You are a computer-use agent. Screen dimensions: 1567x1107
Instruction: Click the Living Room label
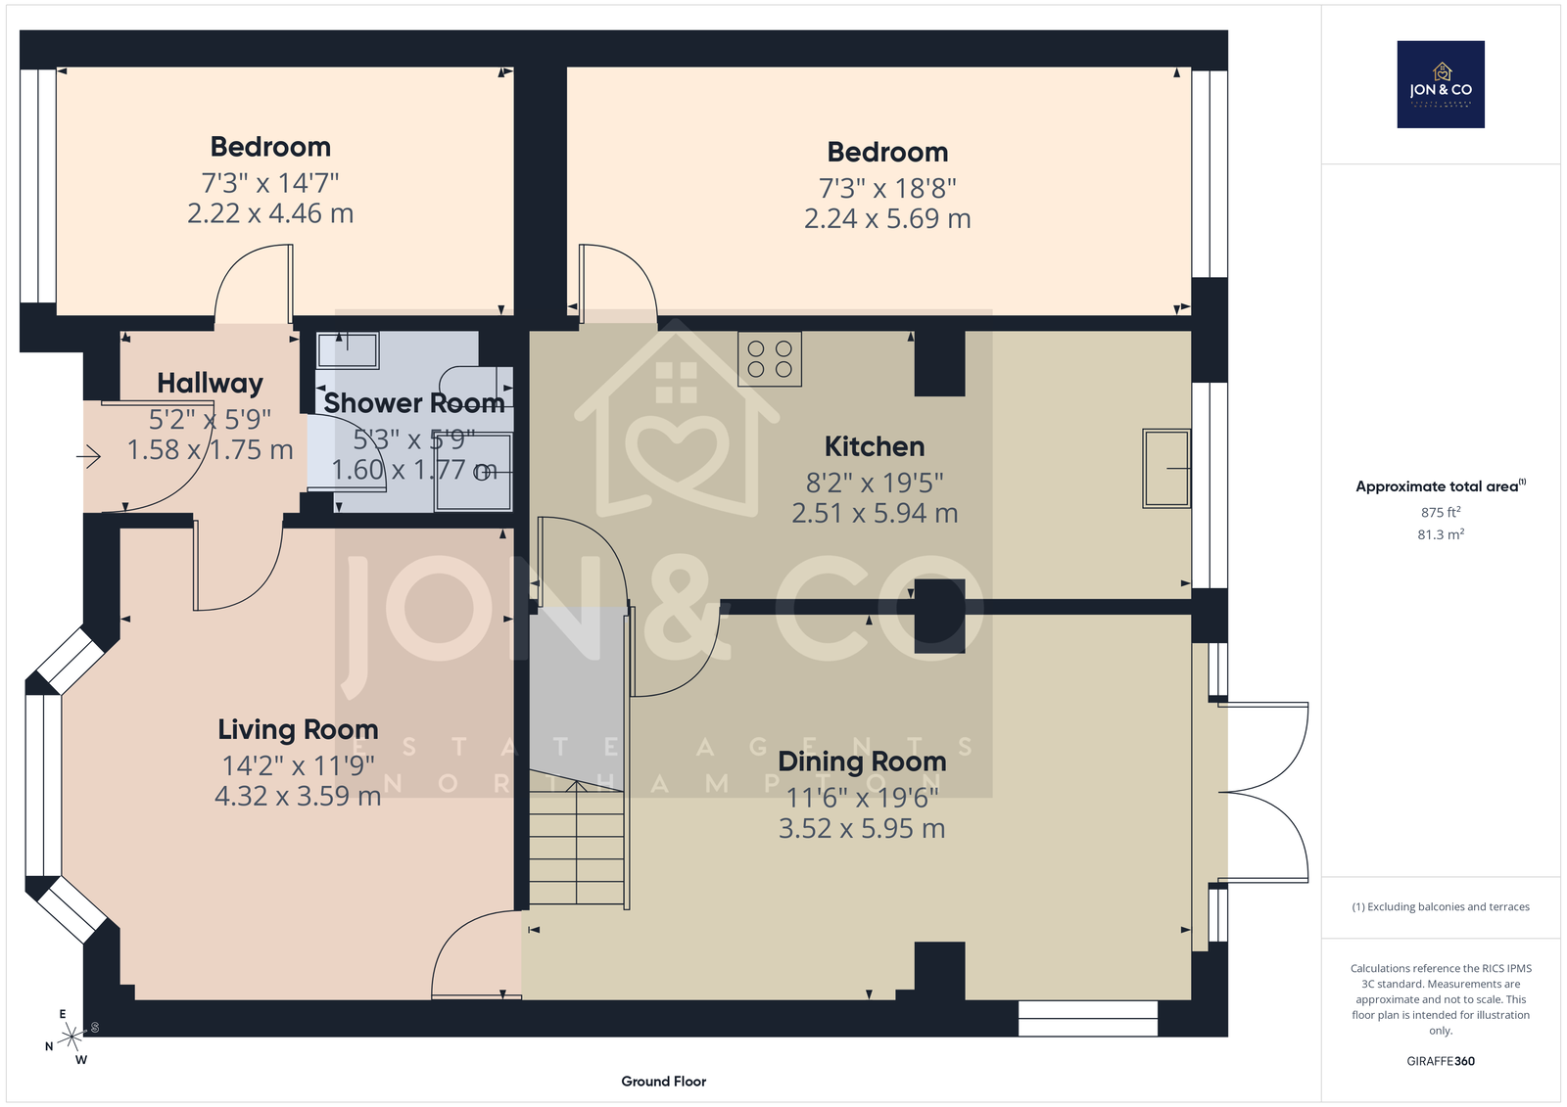click(298, 729)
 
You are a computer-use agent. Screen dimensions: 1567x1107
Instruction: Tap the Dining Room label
click(862, 761)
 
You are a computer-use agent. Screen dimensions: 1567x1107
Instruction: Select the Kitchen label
click(875, 446)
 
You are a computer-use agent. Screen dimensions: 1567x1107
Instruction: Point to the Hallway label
click(210, 384)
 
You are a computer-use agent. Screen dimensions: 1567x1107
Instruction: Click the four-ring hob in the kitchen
click(770, 358)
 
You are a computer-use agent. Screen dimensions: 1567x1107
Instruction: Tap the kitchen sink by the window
click(1166, 468)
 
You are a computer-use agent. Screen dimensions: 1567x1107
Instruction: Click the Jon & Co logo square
click(1441, 84)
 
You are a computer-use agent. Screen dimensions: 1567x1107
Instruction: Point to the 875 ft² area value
click(1441, 512)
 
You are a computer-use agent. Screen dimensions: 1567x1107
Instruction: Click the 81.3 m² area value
click(1441, 534)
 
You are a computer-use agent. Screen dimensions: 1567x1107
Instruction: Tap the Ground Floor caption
click(663, 1082)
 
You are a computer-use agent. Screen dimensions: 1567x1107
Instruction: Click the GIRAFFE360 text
click(1441, 1061)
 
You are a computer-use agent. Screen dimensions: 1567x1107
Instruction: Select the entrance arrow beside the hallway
click(89, 457)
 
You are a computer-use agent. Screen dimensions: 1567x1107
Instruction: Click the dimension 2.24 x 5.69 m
click(887, 219)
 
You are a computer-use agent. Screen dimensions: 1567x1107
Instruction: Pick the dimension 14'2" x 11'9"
click(298, 765)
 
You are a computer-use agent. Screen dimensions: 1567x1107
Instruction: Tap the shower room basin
click(348, 349)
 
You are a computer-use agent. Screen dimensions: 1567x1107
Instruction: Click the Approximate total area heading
click(1441, 486)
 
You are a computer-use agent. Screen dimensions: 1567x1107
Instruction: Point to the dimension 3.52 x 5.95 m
click(862, 829)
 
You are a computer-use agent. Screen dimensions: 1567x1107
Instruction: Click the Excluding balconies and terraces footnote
click(1441, 906)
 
